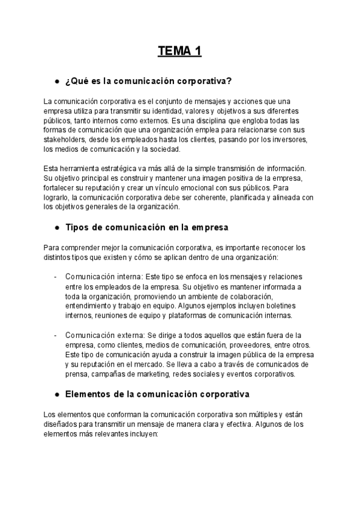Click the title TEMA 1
tap(179, 52)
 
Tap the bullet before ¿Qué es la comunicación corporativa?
tap(56, 81)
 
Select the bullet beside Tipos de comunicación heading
tap(56, 228)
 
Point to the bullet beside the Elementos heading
tap(56, 394)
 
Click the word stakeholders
tap(64, 139)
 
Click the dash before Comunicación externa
tap(56, 335)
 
